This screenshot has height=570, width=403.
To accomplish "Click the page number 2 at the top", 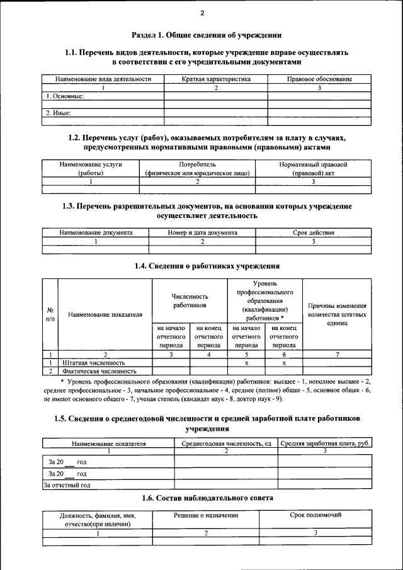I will [202, 14].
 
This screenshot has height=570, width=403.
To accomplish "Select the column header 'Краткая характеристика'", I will [216, 79].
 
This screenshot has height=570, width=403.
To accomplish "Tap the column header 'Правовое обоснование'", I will [319, 79].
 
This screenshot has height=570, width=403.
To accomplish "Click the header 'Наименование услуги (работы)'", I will [91, 168].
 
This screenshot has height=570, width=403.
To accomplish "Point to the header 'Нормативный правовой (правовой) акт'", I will [313, 168].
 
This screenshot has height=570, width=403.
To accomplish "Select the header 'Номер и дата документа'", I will [202, 232].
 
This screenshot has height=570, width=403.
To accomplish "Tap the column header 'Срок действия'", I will [313, 232].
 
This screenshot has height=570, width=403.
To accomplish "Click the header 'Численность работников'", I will [190, 300].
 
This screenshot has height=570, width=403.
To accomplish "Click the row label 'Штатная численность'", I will [94, 363].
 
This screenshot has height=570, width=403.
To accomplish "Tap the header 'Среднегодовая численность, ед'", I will [225, 443].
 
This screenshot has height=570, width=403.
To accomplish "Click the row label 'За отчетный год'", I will [67, 485].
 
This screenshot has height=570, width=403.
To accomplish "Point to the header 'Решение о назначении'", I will [206, 515].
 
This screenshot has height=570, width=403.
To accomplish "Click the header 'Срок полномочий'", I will [315, 515].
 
